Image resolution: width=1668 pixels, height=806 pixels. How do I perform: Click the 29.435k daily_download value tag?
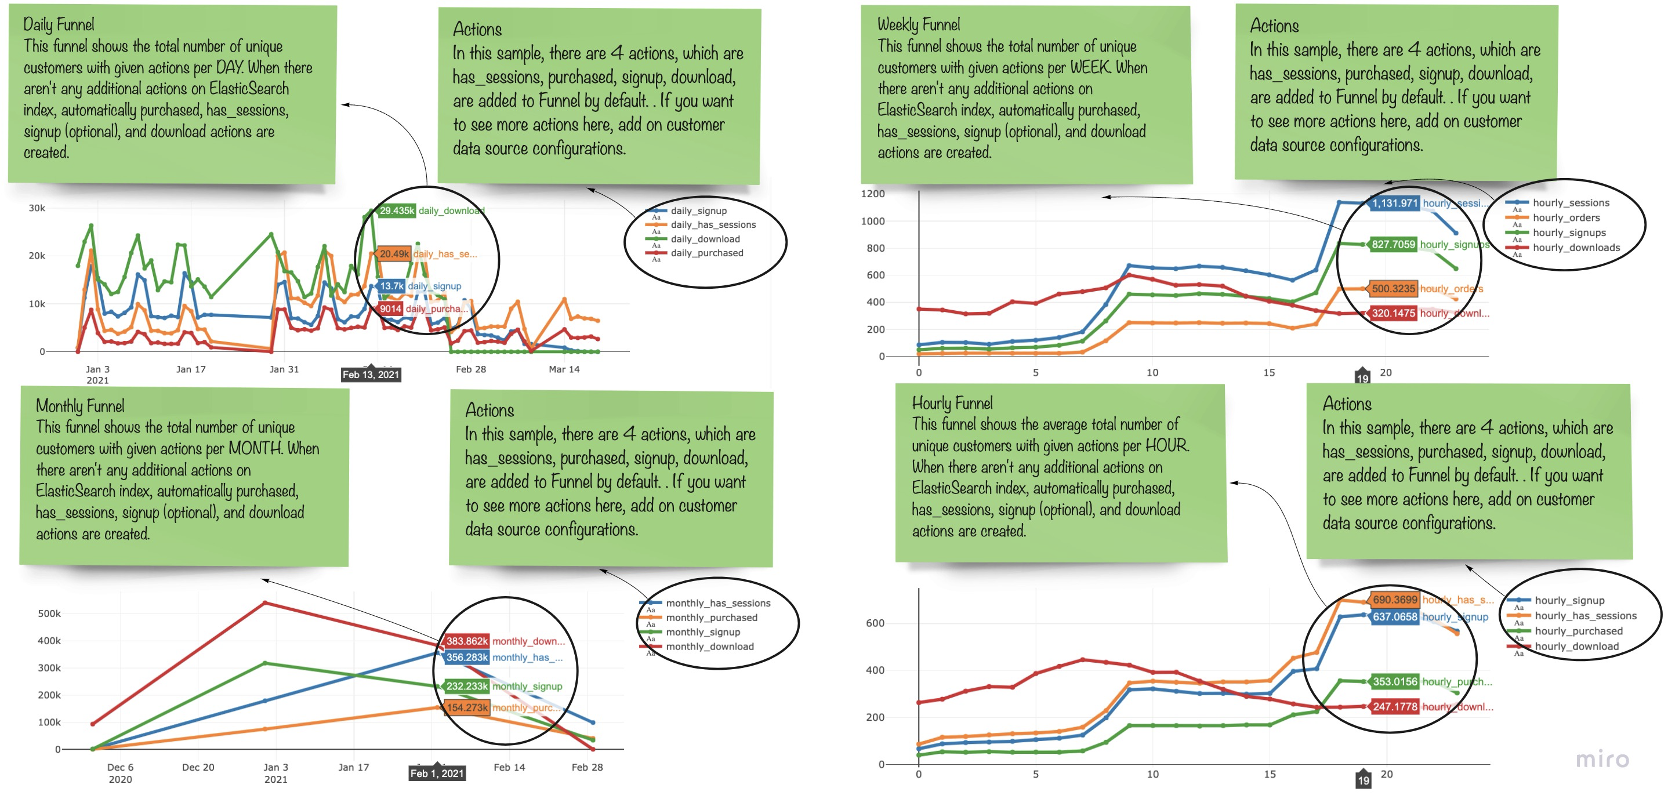(396, 210)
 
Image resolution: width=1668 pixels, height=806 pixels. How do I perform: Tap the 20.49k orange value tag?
(394, 254)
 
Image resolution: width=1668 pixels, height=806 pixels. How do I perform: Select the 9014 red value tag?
(390, 309)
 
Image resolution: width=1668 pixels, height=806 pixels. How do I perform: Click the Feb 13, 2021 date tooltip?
(371, 375)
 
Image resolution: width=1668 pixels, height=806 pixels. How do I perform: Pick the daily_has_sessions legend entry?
(712, 224)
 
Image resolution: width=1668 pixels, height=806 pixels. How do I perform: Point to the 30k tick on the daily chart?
(37, 208)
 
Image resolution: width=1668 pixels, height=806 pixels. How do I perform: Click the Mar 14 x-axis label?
(564, 369)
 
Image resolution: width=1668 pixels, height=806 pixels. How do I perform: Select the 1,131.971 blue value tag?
(1394, 204)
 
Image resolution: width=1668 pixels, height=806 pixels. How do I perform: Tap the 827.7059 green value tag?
(1393, 244)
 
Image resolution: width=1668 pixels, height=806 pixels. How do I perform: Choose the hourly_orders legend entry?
(1566, 217)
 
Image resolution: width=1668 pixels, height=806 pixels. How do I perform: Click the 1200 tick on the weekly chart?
(872, 194)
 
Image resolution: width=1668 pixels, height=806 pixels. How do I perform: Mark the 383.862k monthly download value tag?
(466, 641)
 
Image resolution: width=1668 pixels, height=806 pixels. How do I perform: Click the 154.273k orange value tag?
(466, 707)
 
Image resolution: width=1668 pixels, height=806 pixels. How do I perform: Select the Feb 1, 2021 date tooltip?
(437, 773)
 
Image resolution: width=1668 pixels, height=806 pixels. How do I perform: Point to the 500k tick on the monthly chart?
(49, 613)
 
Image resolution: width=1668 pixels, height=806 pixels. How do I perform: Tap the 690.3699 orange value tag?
(1395, 600)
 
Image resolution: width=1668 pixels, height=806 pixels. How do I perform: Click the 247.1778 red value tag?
(1395, 706)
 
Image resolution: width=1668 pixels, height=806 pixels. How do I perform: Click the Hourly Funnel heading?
(952, 404)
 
